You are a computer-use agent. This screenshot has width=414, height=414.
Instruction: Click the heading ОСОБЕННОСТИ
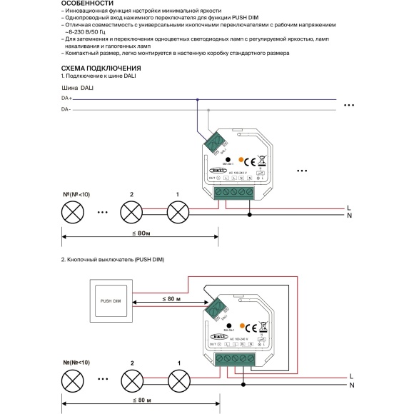(84, 4)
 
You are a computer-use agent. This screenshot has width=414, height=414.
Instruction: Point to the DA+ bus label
(66, 99)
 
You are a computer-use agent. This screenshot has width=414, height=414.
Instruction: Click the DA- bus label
(66, 110)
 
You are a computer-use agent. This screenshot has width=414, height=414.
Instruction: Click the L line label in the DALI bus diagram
(349, 206)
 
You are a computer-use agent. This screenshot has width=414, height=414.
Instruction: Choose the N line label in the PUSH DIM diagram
(351, 365)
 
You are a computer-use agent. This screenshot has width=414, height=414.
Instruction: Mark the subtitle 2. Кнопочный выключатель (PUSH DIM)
(113, 259)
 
